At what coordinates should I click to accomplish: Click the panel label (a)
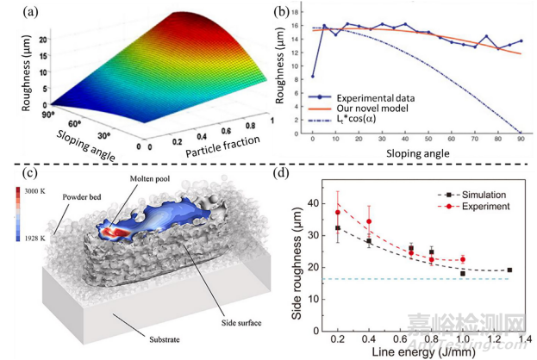coord(16,13)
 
